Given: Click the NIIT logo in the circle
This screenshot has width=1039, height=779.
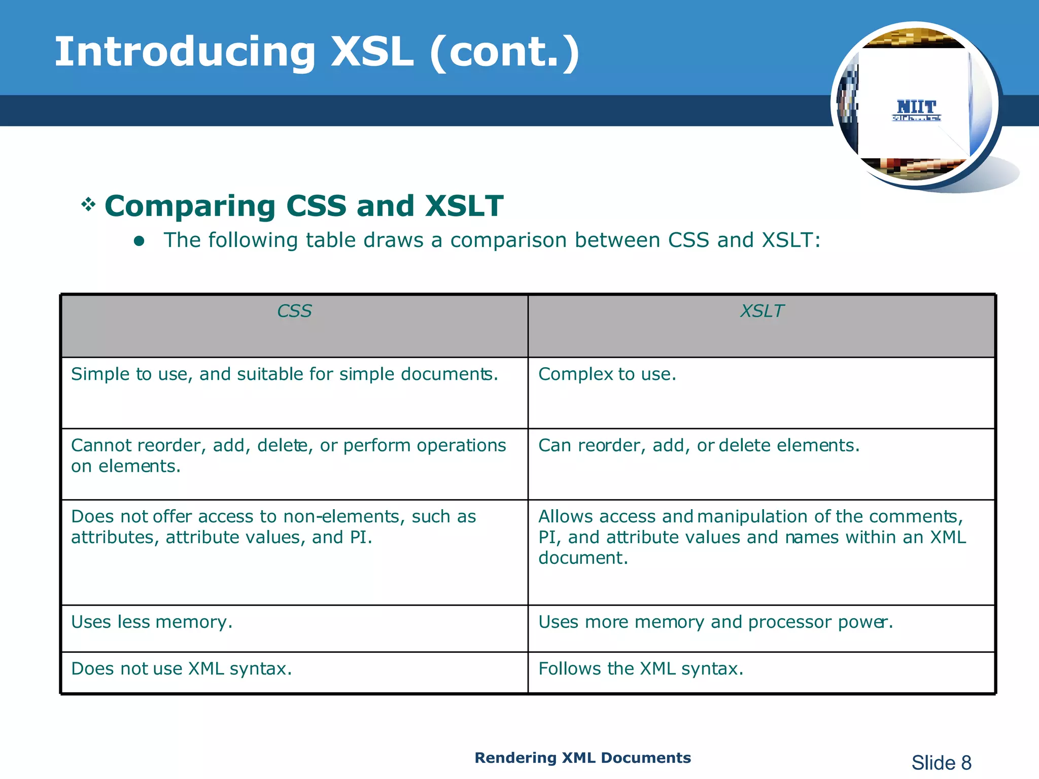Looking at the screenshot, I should [916, 109].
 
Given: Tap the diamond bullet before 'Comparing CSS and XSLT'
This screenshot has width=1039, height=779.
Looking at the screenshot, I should [88, 205].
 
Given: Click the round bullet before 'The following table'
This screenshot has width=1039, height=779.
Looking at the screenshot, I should [139, 241].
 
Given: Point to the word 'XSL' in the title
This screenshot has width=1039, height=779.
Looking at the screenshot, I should [372, 52].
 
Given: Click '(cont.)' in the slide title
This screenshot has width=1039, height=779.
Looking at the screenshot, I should [504, 52].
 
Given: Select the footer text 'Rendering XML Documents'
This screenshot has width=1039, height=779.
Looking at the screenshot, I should [582, 758].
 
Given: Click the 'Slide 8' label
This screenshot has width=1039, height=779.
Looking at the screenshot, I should [941, 763].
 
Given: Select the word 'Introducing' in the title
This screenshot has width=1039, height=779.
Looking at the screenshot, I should [185, 52].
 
